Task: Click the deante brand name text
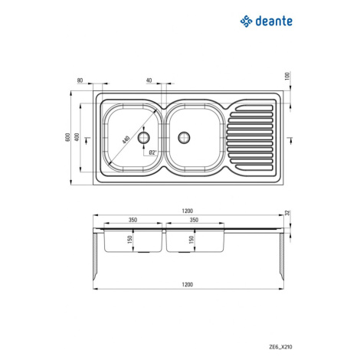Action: coord(273,21)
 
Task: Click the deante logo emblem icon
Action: coord(247,21)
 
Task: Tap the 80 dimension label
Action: coord(80,80)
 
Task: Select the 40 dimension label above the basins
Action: coord(149,80)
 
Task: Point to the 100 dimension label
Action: coord(287,76)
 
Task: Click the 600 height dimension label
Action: coord(67,138)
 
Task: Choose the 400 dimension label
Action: coord(77,137)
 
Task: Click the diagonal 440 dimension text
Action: coord(126,139)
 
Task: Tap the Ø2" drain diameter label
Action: coord(152,152)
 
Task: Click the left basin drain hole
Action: coord(144,138)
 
